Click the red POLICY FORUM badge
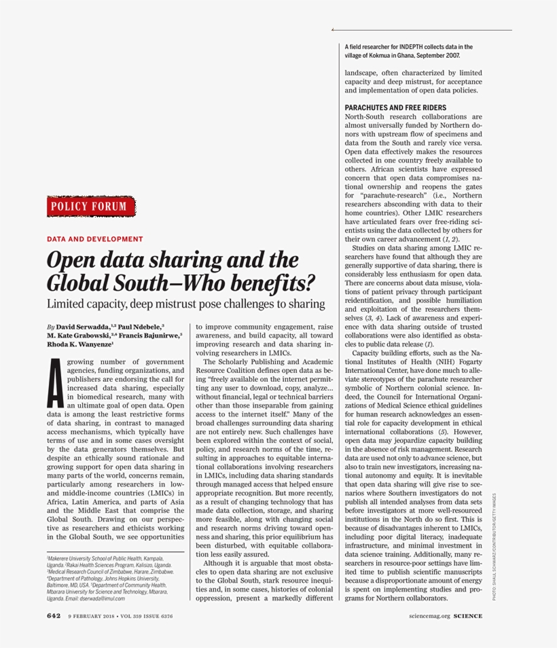pos(91,206)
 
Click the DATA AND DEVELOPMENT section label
pos(94,239)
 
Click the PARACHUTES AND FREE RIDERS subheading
pos(395,107)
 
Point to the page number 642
pos(54,616)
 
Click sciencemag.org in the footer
pos(429,616)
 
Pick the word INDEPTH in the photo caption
pos(412,47)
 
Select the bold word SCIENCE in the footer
pos(468,616)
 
